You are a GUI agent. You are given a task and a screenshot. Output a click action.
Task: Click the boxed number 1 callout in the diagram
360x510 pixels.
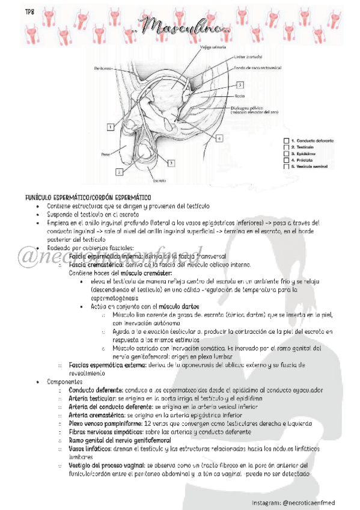click(x=111, y=127)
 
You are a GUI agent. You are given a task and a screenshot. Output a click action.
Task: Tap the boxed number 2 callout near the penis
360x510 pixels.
click(x=119, y=172)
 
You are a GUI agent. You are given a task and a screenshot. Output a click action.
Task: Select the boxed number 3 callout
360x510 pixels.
click(x=171, y=162)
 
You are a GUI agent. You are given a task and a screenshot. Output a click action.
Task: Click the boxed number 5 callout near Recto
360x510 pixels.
click(x=239, y=85)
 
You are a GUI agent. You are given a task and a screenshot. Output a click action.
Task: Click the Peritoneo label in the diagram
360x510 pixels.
click(x=103, y=69)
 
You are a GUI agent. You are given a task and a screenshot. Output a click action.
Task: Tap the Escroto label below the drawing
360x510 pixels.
click(x=159, y=180)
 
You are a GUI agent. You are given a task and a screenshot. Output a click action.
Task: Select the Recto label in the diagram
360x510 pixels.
click(x=239, y=96)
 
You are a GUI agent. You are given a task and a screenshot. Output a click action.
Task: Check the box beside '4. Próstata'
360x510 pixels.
click(x=285, y=161)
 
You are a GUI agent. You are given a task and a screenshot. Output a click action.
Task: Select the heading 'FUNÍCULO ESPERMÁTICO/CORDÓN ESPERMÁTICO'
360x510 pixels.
click(x=88, y=197)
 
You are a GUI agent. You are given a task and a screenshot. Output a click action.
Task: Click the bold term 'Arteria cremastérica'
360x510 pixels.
click(x=97, y=414)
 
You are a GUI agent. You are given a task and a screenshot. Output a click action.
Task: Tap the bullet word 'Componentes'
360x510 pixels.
click(x=64, y=381)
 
